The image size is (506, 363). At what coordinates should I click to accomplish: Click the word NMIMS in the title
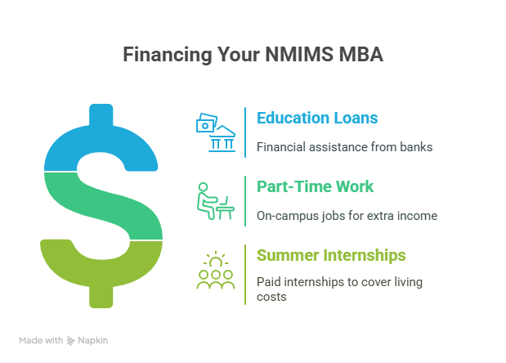point(299,54)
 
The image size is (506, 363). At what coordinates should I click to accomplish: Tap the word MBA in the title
point(360,54)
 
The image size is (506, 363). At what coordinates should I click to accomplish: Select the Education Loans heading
point(317,118)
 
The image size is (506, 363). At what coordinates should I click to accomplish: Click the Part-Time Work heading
point(315,186)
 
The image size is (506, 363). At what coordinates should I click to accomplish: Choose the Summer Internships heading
point(331,256)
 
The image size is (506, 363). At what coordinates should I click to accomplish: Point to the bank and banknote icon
point(216,132)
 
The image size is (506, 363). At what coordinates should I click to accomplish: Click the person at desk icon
point(216,201)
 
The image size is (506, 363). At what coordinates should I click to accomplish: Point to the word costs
point(271,297)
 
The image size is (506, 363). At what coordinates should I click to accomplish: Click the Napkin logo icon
point(70,341)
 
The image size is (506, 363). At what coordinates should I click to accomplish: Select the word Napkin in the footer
point(93,341)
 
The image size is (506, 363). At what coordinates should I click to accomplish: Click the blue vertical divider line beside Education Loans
point(245,132)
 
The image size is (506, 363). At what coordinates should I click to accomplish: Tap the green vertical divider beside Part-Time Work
point(245,201)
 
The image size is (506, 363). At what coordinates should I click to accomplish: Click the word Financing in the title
point(167,54)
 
